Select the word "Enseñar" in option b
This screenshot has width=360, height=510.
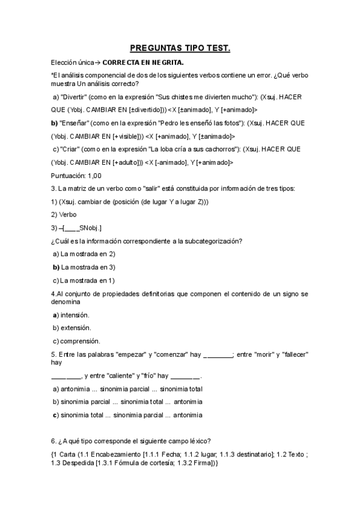click(x=76, y=123)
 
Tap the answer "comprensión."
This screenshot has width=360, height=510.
click(x=81, y=341)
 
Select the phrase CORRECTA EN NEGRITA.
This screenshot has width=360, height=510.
click(x=143, y=62)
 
